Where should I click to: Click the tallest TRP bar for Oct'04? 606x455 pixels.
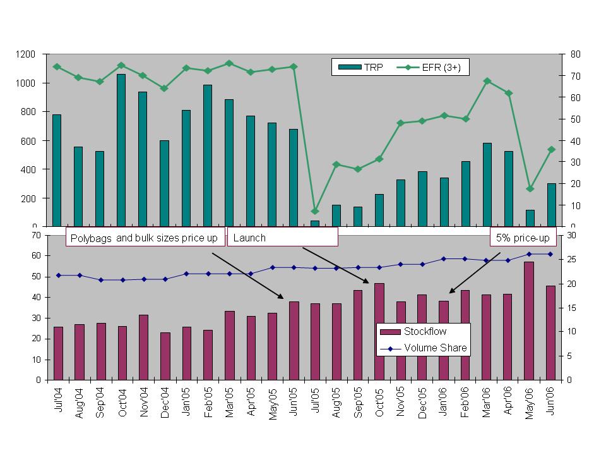tap(121, 150)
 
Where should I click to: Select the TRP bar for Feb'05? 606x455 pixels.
tap(207, 155)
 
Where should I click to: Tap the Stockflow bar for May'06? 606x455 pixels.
tap(530, 320)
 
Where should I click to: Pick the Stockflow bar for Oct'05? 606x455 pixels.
tap(379, 331)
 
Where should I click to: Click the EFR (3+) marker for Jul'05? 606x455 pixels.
tap(315, 211)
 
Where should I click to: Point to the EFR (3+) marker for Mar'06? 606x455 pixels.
tap(487, 81)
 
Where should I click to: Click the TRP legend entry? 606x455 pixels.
tap(359, 67)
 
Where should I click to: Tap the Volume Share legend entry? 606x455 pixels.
tap(424, 348)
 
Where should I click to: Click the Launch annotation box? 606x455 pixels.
tap(282, 238)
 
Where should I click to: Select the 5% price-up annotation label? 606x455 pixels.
tap(522, 238)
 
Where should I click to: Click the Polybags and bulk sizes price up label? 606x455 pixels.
tap(145, 238)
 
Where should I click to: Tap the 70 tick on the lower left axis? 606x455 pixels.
tap(36, 235)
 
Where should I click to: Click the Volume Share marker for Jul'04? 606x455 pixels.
tap(58, 275)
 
